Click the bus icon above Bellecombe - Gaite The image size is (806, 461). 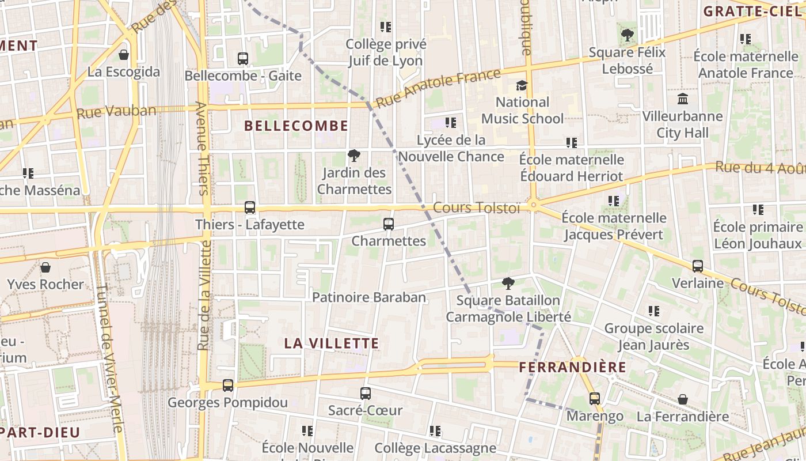(x=243, y=58)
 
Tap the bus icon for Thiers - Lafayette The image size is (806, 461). (x=250, y=207)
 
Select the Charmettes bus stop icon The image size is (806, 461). (x=389, y=224)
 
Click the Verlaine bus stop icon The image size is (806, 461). (x=698, y=266)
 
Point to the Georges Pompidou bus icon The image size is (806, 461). (x=228, y=386)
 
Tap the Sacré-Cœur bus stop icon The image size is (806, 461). (x=366, y=394)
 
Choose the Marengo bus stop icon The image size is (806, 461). (x=595, y=399)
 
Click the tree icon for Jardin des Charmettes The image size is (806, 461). (x=354, y=155)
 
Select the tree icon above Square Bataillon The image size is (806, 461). (x=508, y=283)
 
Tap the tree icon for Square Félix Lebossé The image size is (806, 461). (x=628, y=35)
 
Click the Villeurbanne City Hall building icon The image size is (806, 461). (x=683, y=99)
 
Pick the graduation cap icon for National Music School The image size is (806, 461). (x=522, y=85)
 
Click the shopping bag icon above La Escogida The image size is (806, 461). (x=123, y=55)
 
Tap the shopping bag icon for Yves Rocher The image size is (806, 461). (x=45, y=267)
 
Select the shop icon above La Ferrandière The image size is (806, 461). (x=682, y=399)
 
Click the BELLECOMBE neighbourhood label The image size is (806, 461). (x=296, y=126)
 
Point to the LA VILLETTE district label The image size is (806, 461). (x=332, y=343)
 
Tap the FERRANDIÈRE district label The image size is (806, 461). (x=572, y=367)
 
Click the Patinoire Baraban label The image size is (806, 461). (x=369, y=297)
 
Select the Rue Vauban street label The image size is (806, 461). (x=116, y=111)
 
